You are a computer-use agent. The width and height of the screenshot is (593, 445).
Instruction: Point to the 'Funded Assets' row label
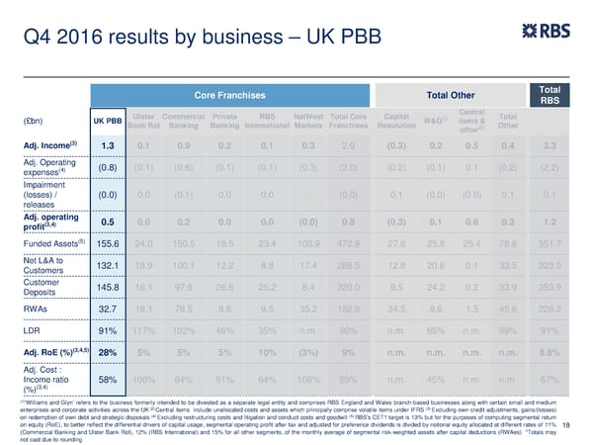(x=47, y=242)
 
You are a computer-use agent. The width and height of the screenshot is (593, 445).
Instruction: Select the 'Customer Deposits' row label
(x=47, y=288)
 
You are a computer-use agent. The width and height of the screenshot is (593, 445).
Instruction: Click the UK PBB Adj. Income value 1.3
(x=109, y=146)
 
